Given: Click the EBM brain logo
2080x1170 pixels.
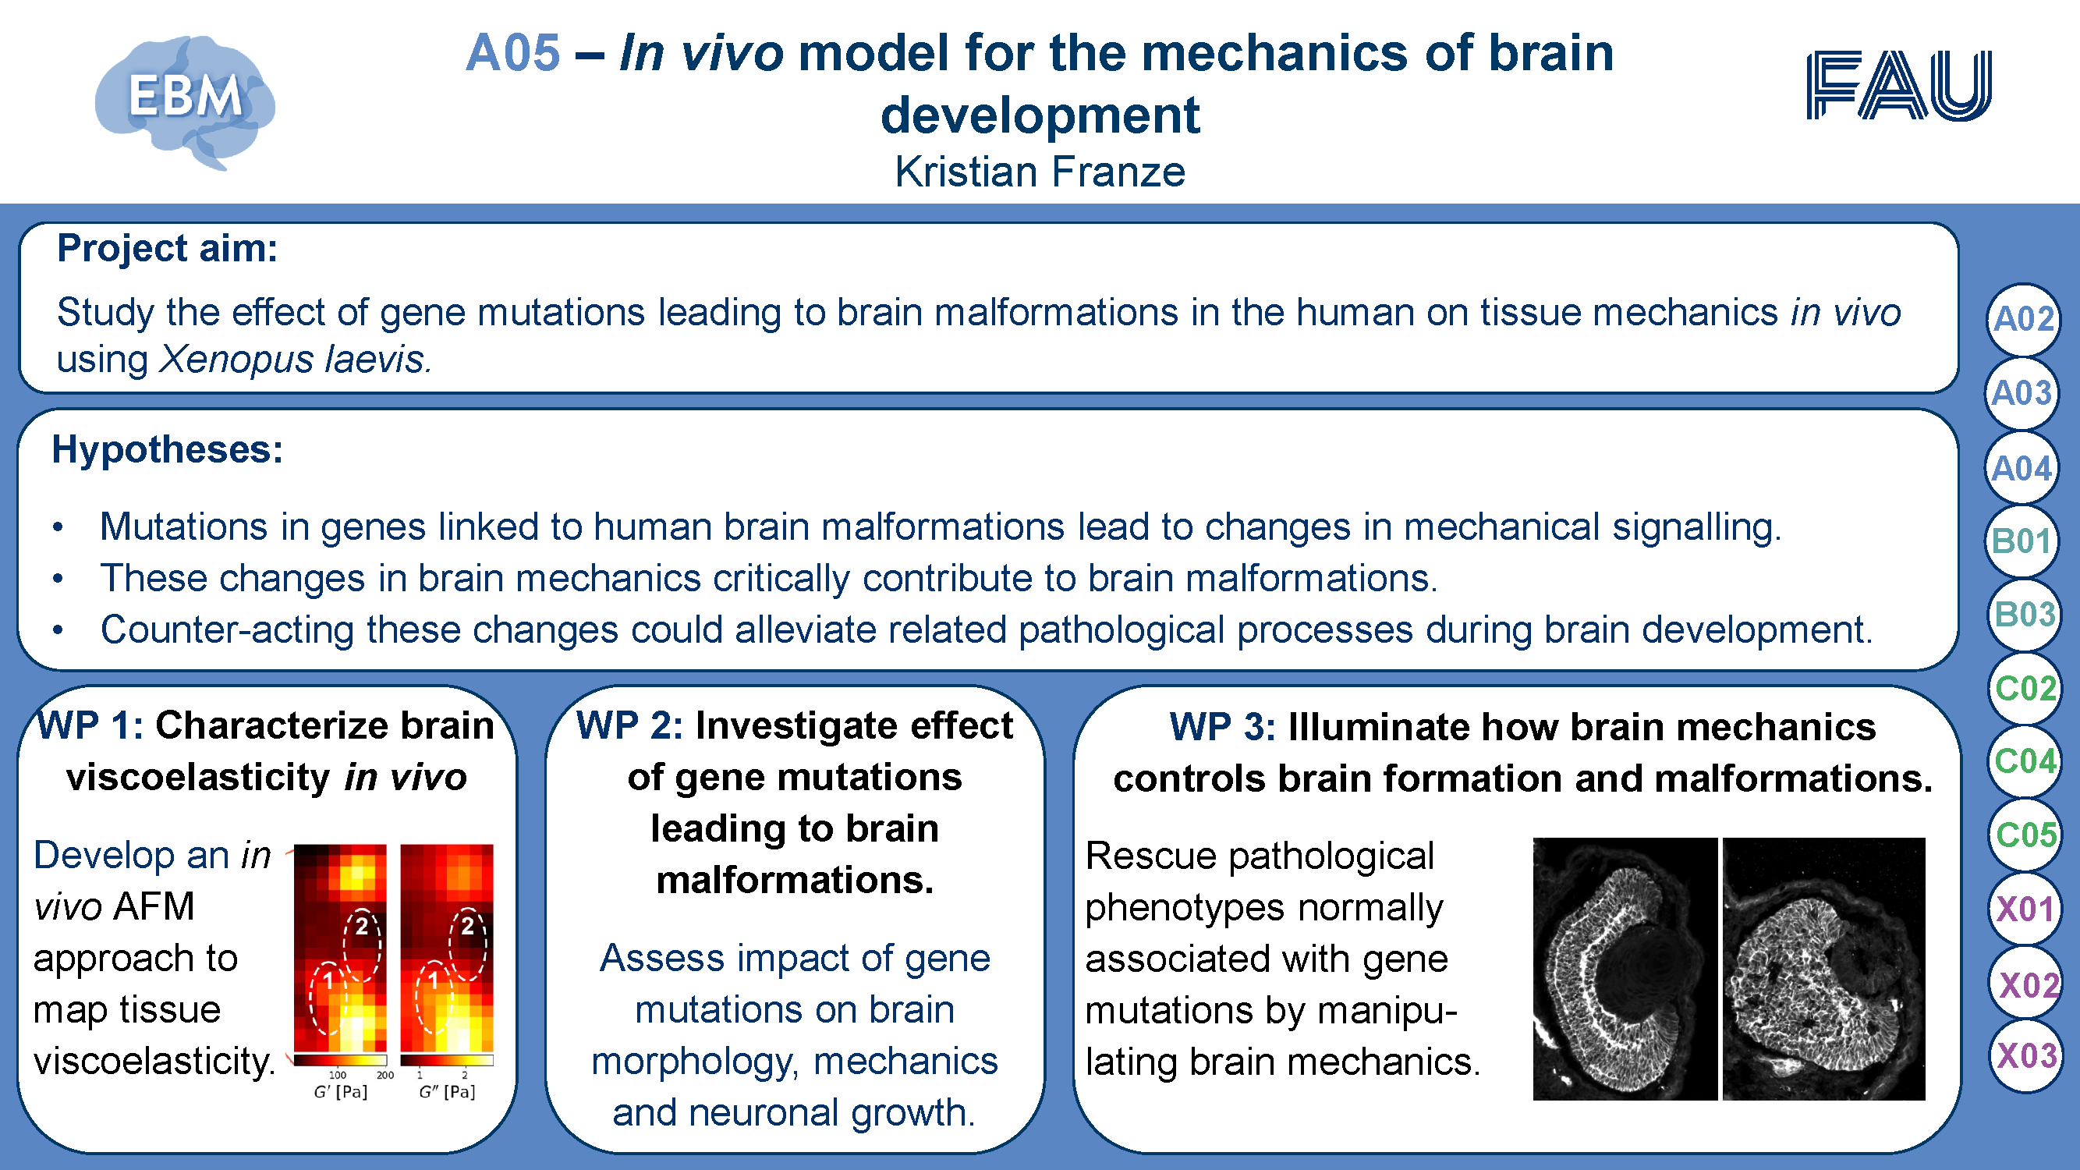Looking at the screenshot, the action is (x=185, y=101).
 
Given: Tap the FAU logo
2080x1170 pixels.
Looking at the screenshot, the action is (x=1898, y=85).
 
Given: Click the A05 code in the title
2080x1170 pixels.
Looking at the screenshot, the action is (x=512, y=53).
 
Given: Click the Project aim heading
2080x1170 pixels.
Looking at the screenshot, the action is (x=167, y=248).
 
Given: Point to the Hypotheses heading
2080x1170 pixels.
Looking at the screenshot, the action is (x=167, y=450).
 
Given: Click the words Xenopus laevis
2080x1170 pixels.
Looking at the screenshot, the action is (x=295, y=360).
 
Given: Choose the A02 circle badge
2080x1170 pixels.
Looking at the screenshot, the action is (x=2022, y=320).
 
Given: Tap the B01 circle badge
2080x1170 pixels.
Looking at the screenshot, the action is (x=2022, y=541).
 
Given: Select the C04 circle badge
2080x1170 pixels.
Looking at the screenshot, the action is (x=2024, y=761).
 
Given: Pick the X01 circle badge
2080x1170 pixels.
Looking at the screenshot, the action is (x=2024, y=909).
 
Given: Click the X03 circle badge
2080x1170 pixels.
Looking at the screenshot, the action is (x=2025, y=1056).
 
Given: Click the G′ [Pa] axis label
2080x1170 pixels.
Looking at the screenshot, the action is (x=340, y=1092).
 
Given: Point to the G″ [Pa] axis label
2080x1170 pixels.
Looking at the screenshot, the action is (x=447, y=1092).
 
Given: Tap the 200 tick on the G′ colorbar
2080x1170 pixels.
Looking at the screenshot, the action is (x=385, y=1075).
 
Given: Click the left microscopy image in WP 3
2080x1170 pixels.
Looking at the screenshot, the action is (x=1625, y=969).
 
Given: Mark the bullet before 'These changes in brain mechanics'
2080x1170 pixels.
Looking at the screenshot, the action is (x=58, y=579).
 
